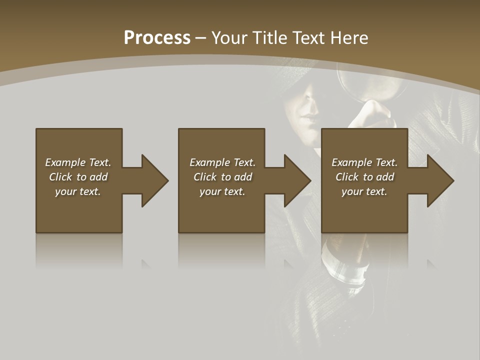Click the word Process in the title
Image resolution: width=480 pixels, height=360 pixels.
[157, 38]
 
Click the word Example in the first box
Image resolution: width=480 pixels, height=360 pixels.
[65, 162]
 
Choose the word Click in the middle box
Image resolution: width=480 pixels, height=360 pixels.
[205, 177]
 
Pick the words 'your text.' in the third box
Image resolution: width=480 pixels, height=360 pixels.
[364, 191]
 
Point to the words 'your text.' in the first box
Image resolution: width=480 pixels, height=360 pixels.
[78, 191]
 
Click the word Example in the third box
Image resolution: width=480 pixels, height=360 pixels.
[352, 162]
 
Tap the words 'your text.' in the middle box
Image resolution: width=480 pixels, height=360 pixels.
[222, 191]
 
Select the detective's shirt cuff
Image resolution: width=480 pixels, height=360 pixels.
[345, 270]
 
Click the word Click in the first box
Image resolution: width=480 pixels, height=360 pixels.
[61, 177]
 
